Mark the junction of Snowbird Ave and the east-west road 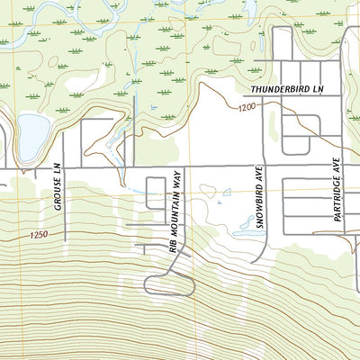265,168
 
